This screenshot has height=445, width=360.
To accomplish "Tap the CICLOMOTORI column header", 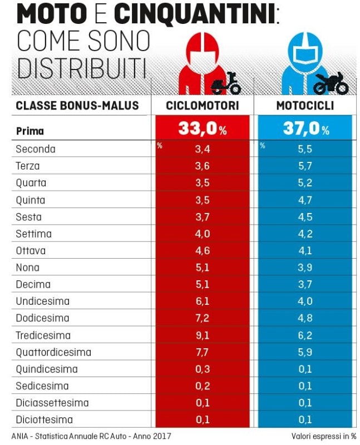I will pos(203,106).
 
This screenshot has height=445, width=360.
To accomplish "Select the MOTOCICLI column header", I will pos(305,106).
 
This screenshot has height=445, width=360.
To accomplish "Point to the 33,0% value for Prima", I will pos(203,129).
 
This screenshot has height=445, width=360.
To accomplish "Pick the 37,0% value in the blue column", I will pos(305,129).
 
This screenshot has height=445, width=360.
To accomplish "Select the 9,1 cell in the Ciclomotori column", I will pos(202,335).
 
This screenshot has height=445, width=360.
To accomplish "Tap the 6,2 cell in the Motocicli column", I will pos(305,335).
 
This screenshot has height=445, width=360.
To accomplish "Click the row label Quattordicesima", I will pos(53,352).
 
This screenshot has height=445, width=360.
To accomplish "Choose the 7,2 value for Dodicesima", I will pos(202,318).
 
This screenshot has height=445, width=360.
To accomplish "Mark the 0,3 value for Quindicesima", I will pos(202,369).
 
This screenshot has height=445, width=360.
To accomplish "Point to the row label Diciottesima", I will pos(44,420).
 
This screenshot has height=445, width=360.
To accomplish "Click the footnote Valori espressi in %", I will pos(323,436).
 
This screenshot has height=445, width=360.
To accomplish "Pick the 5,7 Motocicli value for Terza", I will pos(305,166).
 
